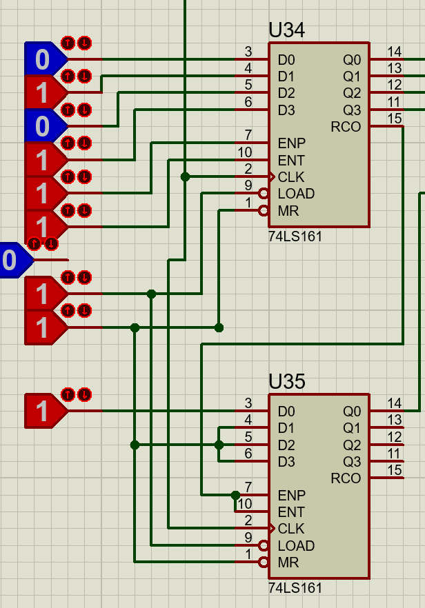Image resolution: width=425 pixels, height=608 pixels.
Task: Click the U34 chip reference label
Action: [x=287, y=30]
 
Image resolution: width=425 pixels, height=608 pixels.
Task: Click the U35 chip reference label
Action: [x=287, y=381]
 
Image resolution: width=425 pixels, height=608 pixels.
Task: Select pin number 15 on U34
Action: [x=395, y=119]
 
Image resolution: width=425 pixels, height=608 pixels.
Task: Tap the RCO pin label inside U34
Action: [x=346, y=127]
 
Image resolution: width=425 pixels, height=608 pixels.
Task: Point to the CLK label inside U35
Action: [x=291, y=529]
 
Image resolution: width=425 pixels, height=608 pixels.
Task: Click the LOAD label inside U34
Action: [x=296, y=194]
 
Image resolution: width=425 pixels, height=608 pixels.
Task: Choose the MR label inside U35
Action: [x=288, y=563]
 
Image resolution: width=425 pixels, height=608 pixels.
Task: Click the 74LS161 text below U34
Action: [x=295, y=236]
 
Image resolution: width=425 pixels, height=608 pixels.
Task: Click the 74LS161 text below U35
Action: [x=295, y=588]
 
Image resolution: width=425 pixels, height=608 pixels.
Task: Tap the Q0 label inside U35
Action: [x=352, y=412]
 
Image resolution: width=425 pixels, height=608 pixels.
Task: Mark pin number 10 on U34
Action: [x=245, y=152]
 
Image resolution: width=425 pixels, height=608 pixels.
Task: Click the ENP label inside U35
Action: [x=292, y=495]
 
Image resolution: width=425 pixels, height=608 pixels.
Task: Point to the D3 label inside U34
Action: [x=286, y=110]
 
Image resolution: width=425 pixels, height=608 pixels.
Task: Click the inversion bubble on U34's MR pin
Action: [x=263, y=210]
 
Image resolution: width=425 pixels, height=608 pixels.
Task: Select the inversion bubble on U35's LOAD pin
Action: [x=263, y=545]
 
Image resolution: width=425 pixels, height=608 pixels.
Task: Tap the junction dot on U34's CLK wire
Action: [x=185, y=177]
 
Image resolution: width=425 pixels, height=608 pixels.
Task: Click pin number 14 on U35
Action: [x=395, y=403]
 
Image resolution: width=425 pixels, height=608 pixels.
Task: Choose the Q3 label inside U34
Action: [x=352, y=110]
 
